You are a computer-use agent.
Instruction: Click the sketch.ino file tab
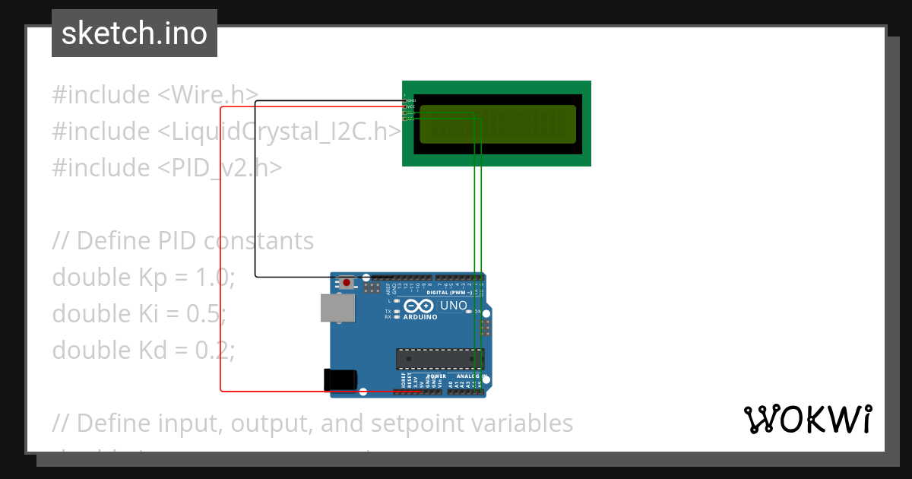pyautogui.click(x=135, y=33)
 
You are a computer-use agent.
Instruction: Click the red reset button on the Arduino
pyautogui.click(x=347, y=283)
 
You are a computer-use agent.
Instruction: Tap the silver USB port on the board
pyautogui.click(x=337, y=308)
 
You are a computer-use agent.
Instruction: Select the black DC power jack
pyautogui.click(x=339, y=379)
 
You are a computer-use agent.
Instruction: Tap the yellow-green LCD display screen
pyautogui.click(x=497, y=125)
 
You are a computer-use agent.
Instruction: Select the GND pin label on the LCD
pyautogui.click(x=411, y=100)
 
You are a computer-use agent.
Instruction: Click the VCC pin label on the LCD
pyautogui.click(x=411, y=107)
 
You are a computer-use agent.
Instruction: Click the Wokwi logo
pyautogui.click(x=807, y=419)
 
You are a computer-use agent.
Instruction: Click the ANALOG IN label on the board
pyautogui.click(x=469, y=376)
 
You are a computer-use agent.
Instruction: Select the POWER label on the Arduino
pyautogui.click(x=436, y=376)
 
